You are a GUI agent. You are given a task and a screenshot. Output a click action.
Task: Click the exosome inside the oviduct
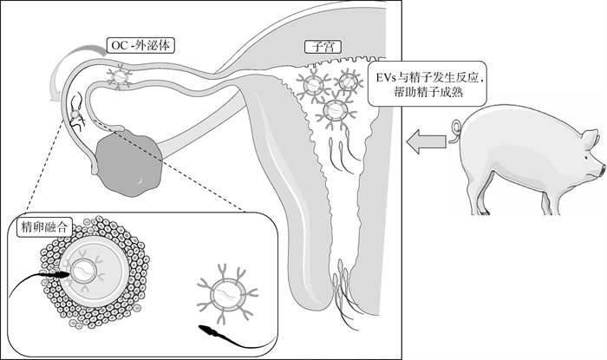(120, 76)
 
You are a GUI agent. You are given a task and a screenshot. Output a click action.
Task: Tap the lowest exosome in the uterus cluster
(336, 112)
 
